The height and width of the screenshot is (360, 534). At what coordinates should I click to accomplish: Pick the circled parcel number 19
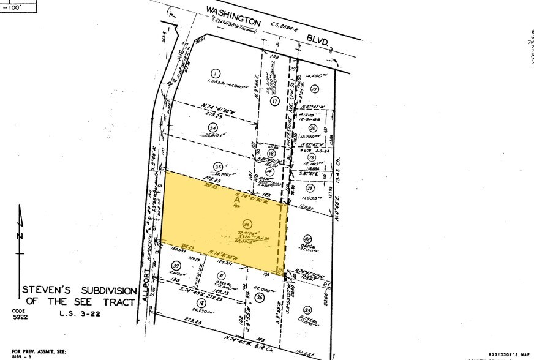[315, 89]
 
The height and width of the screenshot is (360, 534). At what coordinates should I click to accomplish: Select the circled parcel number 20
[312, 128]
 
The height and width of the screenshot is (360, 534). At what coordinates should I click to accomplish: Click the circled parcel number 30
[177, 266]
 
